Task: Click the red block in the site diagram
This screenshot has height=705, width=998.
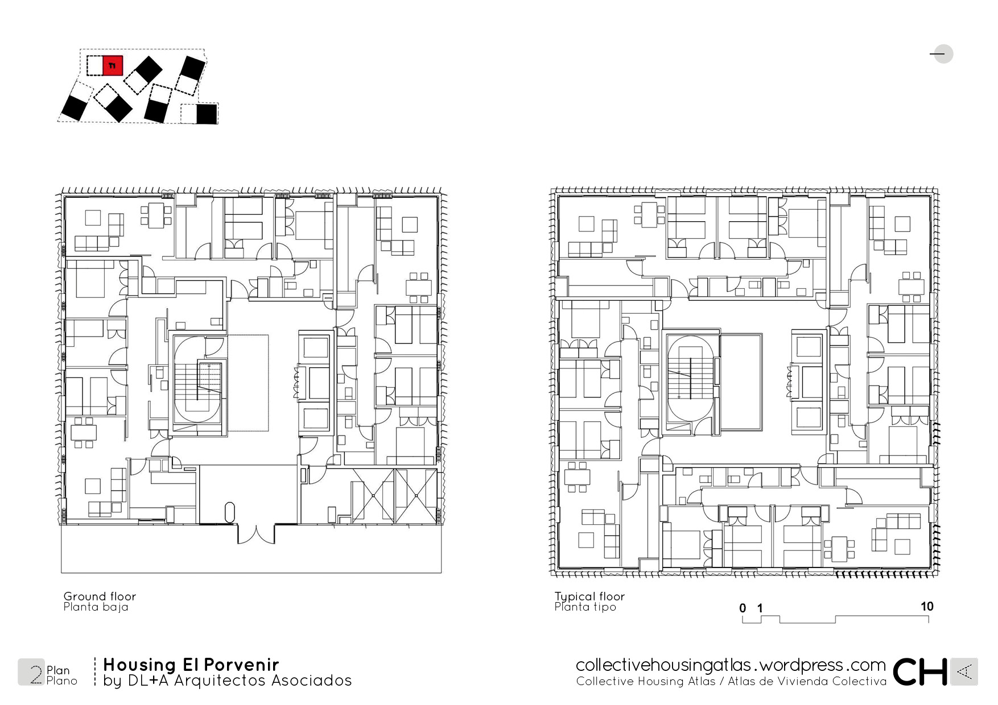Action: (113, 65)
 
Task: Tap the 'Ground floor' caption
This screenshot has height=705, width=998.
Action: (100, 596)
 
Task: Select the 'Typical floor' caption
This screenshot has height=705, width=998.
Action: (589, 596)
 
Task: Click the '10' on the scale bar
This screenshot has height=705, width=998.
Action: (927, 606)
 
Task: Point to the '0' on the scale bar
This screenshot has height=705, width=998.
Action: (743, 608)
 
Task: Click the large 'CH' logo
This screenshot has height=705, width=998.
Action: (919, 672)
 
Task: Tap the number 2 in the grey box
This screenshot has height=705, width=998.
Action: (36, 674)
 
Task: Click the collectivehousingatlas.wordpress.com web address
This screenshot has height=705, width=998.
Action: (731, 665)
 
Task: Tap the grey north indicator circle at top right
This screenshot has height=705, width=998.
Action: (943, 54)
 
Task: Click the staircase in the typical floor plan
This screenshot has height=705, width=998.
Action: (689, 378)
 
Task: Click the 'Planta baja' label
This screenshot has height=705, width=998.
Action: (96, 607)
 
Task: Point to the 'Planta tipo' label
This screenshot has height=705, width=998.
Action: (585, 607)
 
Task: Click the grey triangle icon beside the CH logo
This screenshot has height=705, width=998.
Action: (964, 672)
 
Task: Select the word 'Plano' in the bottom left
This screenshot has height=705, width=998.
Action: (61, 681)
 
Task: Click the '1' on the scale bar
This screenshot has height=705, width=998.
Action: (760, 608)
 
